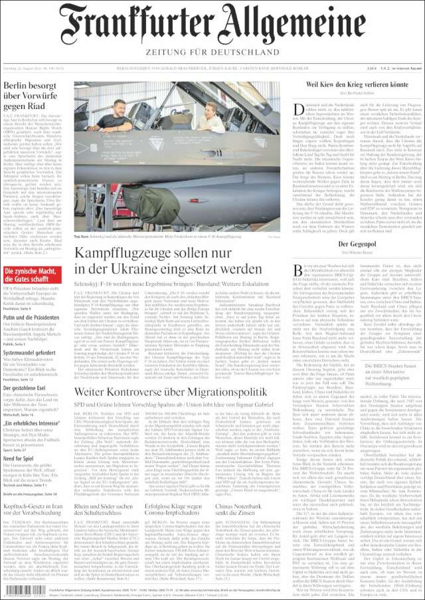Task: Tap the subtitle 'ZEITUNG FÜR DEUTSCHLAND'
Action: [212, 51]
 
